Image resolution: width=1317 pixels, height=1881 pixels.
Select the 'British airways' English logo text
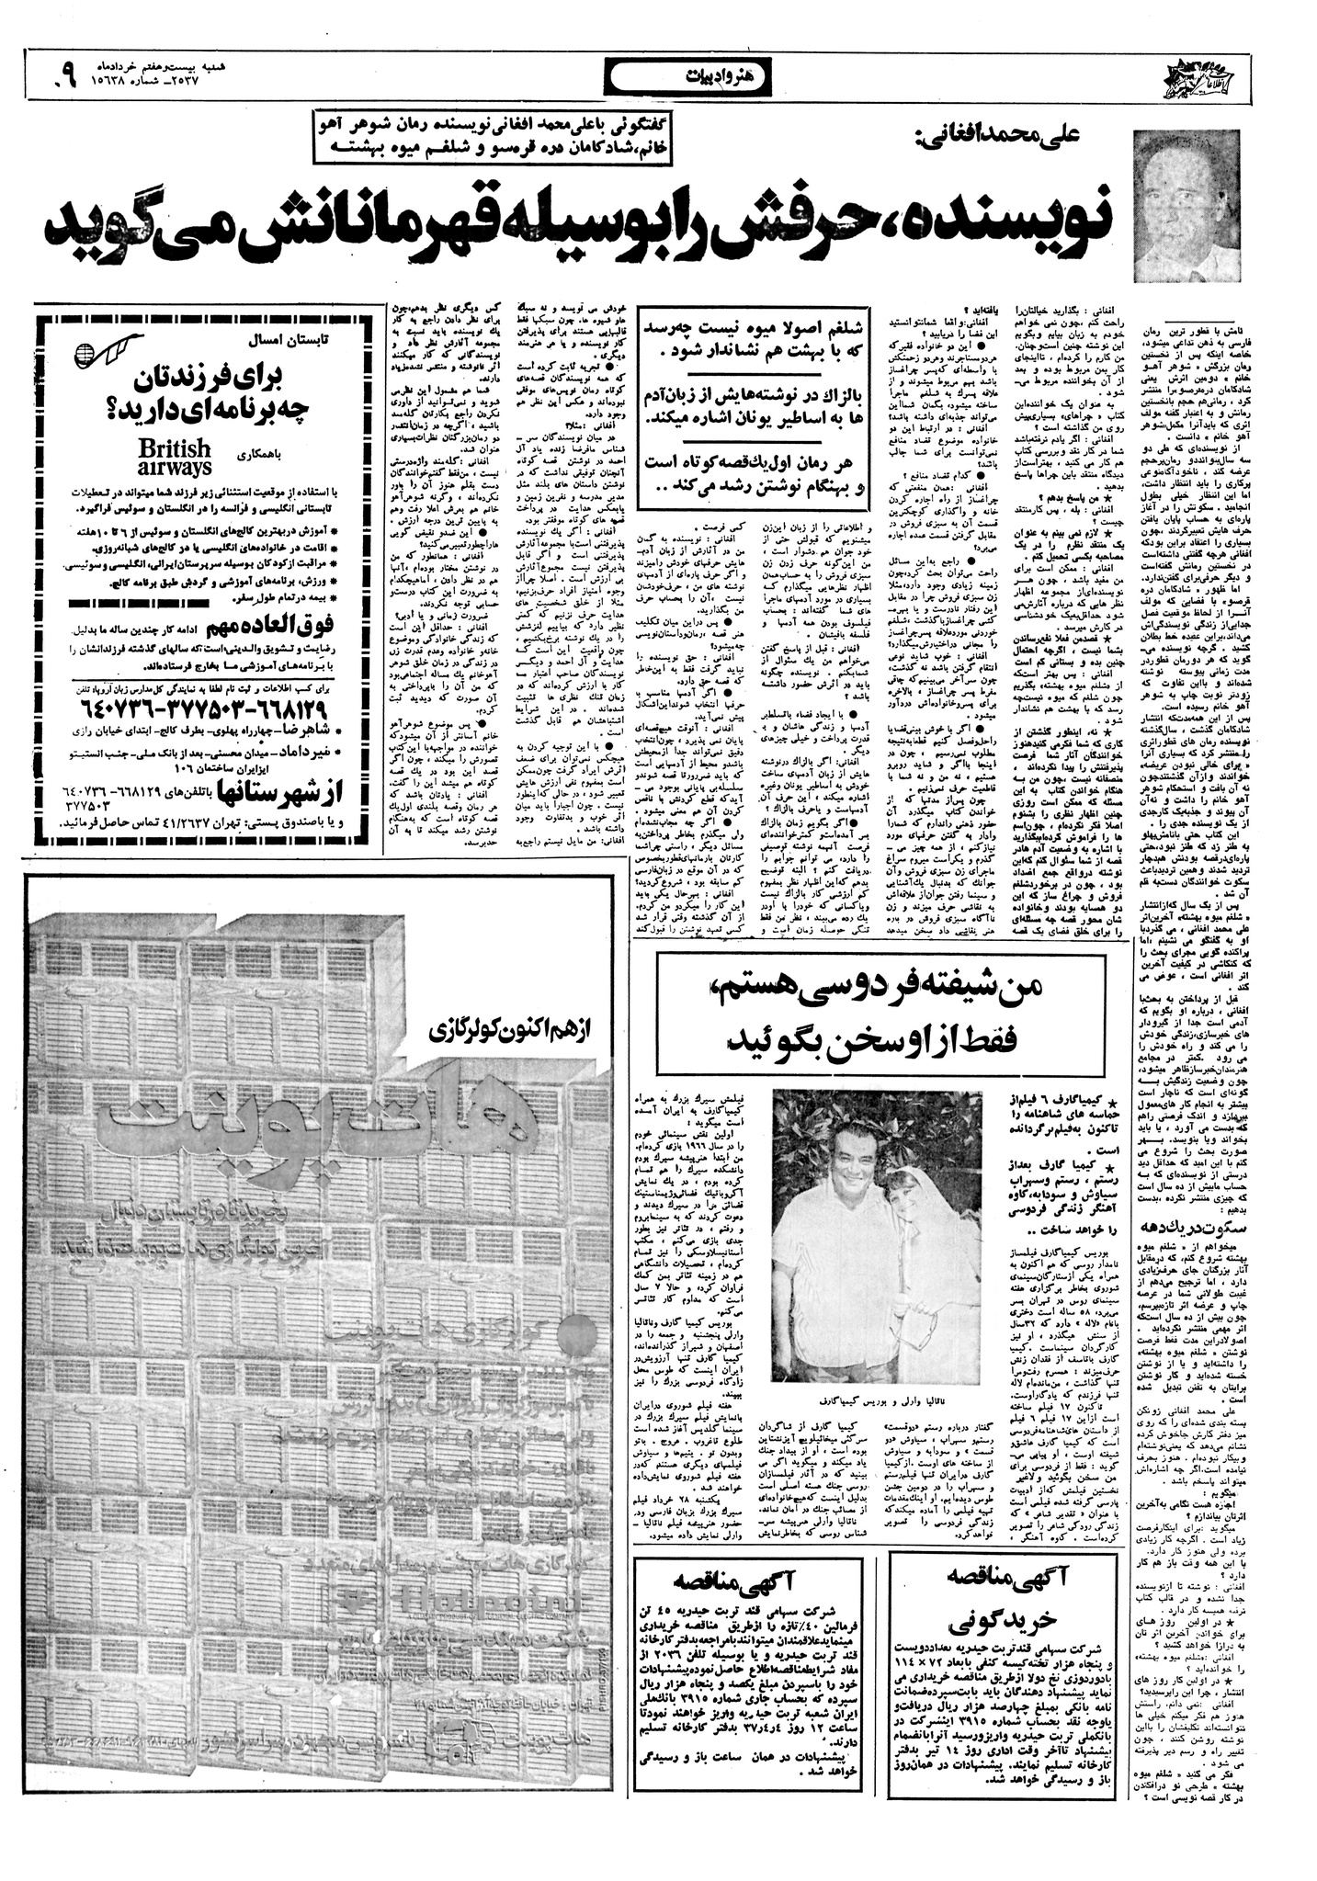pos(175,455)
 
